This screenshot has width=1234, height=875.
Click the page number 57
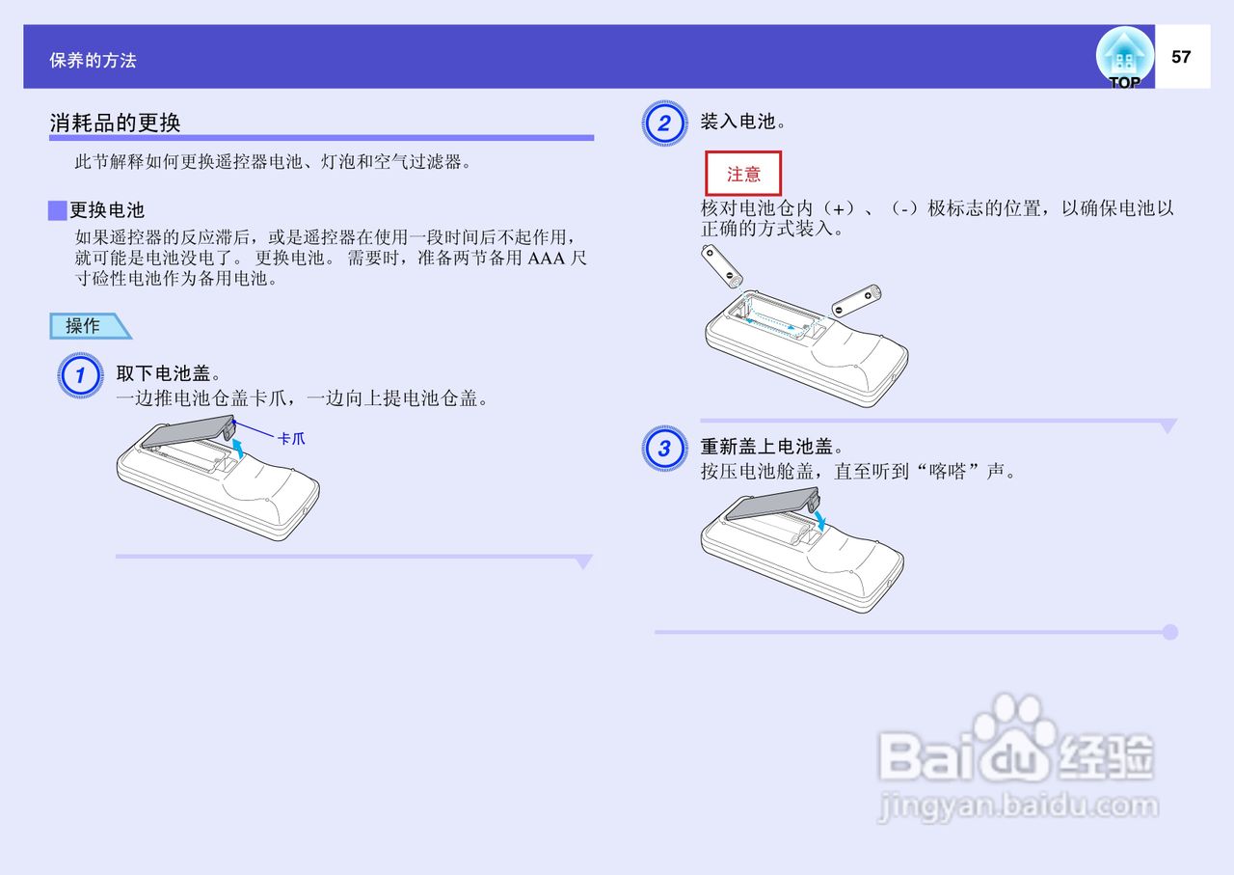(x=1181, y=57)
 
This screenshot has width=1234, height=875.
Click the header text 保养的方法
(x=94, y=61)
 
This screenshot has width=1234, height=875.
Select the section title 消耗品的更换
(x=115, y=123)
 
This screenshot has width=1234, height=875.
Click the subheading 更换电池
(x=106, y=210)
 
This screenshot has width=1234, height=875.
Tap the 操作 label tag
(x=84, y=326)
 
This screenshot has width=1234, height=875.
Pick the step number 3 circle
(x=663, y=449)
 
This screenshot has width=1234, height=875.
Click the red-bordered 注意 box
(x=743, y=174)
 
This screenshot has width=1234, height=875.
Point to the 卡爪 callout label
(x=291, y=439)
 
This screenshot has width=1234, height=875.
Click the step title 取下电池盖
(x=169, y=373)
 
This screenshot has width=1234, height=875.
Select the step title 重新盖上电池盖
(x=772, y=447)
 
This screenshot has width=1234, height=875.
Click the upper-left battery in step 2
(x=722, y=267)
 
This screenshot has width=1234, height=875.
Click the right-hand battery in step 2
(x=856, y=299)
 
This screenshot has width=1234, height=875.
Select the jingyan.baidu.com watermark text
(x=1017, y=806)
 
